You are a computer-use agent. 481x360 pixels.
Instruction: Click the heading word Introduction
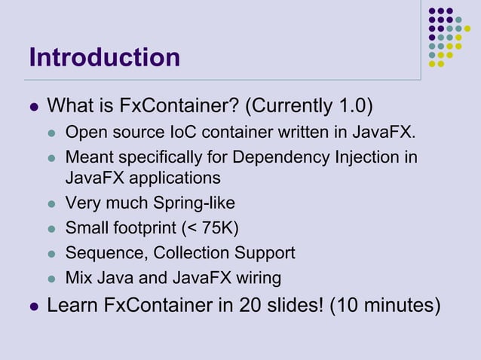pyautogui.click(x=105, y=57)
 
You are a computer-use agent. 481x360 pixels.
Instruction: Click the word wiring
pyautogui.click(x=258, y=278)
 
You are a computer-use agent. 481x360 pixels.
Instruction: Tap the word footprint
pyautogui.click(x=149, y=228)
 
